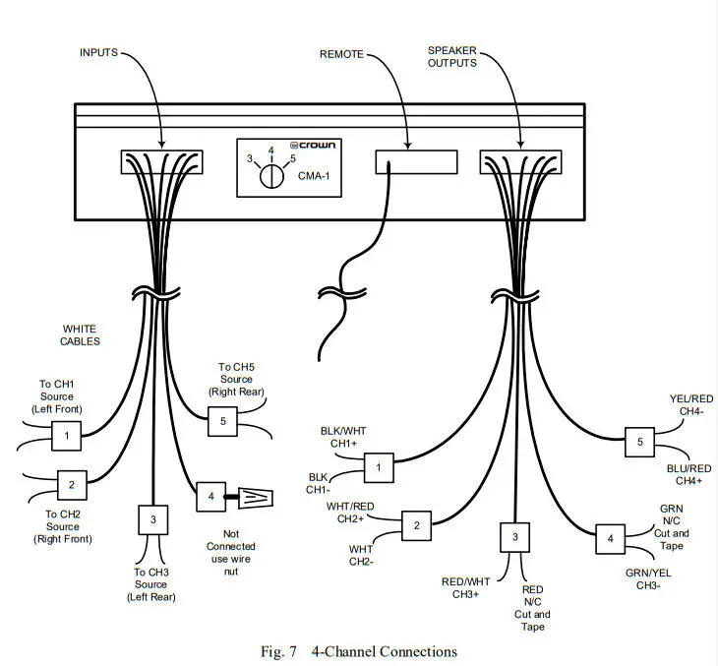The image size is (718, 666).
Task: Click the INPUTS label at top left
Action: [98, 51]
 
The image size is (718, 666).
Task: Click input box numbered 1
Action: [66, 434]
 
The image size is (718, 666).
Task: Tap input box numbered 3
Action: [152, 518]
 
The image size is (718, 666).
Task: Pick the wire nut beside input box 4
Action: [256, 498]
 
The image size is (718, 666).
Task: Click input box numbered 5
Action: [222, 421]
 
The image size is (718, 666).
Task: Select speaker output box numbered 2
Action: [416, 525]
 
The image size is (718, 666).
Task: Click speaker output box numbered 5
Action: [639, 443]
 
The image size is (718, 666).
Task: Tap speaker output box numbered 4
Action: [610, 539]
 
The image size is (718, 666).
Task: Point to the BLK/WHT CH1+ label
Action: [342, 437]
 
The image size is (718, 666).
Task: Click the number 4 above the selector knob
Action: [269, 151]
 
